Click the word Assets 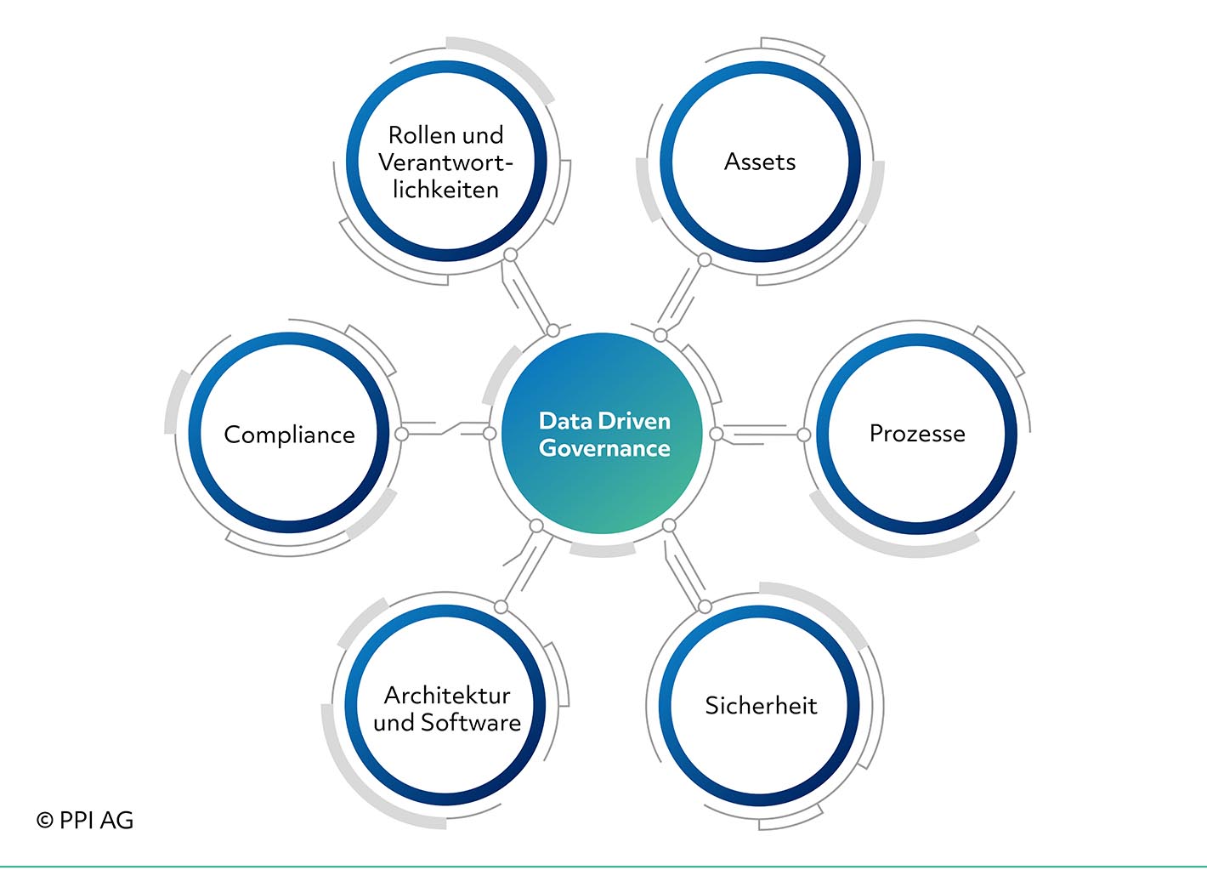point(760,162)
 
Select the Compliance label point(289,435)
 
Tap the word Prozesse point(917,434)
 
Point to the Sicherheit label point(761,706)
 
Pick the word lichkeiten point(445,189)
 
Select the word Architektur point(447,696)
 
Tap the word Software point(470,722)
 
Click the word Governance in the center point(604,448)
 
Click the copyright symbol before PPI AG point(45,821)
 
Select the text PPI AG point(96,821)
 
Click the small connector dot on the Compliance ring point(401,434)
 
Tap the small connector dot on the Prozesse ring point(803,435)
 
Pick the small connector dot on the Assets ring point(705,260)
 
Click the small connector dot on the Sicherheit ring point(705,607)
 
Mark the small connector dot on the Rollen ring point(510,255)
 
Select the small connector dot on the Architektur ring point(501,607)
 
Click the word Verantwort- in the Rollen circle point(445,162)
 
